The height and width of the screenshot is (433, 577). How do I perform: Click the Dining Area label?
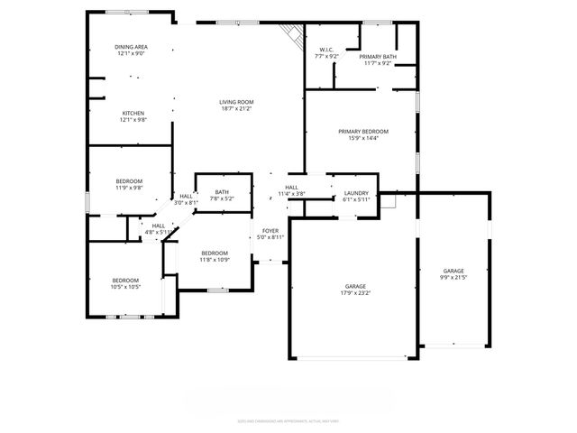click(x=131, y=47)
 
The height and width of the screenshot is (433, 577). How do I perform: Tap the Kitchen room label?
click(x=133, y=113)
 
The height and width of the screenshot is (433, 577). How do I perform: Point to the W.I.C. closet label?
click(x=325, y=50)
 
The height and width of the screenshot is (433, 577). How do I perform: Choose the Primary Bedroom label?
click(x=363, y=132)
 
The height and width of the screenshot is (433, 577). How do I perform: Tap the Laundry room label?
click(x=357, y=193)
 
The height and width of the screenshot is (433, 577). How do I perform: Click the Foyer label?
click(x=269, y=231)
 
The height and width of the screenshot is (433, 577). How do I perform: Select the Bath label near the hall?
click(x=222, y=191)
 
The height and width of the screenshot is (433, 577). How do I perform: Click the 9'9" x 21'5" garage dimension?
click(x=453, y=278)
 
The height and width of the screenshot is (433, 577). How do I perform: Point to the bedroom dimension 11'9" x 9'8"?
click(x=130, y=188)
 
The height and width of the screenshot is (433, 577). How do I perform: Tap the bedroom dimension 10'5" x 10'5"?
click(x=125, y=287)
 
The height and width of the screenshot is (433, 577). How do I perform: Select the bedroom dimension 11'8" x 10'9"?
click(x=215, y=260)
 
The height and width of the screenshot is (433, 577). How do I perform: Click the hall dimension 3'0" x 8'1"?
click(x=186, y=203)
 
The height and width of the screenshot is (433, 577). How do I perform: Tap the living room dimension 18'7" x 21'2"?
click(x=235, y=108)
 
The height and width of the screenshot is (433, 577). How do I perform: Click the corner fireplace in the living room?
click(x=290, y=36)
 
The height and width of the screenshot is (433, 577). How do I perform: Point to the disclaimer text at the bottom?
click(x=288, y=419)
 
